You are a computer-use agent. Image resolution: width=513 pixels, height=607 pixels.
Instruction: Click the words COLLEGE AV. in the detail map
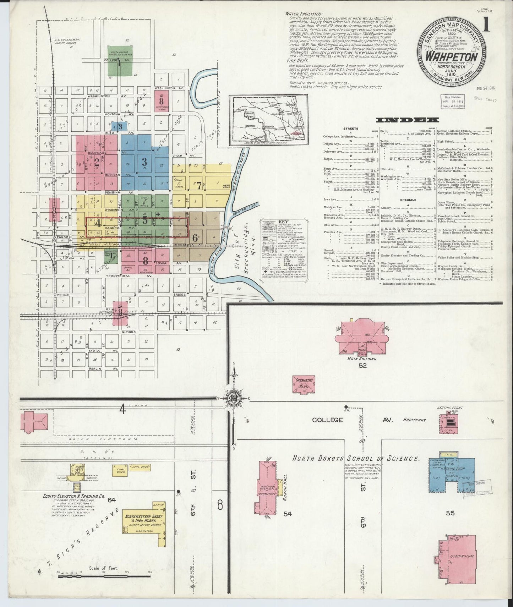[351, 420]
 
